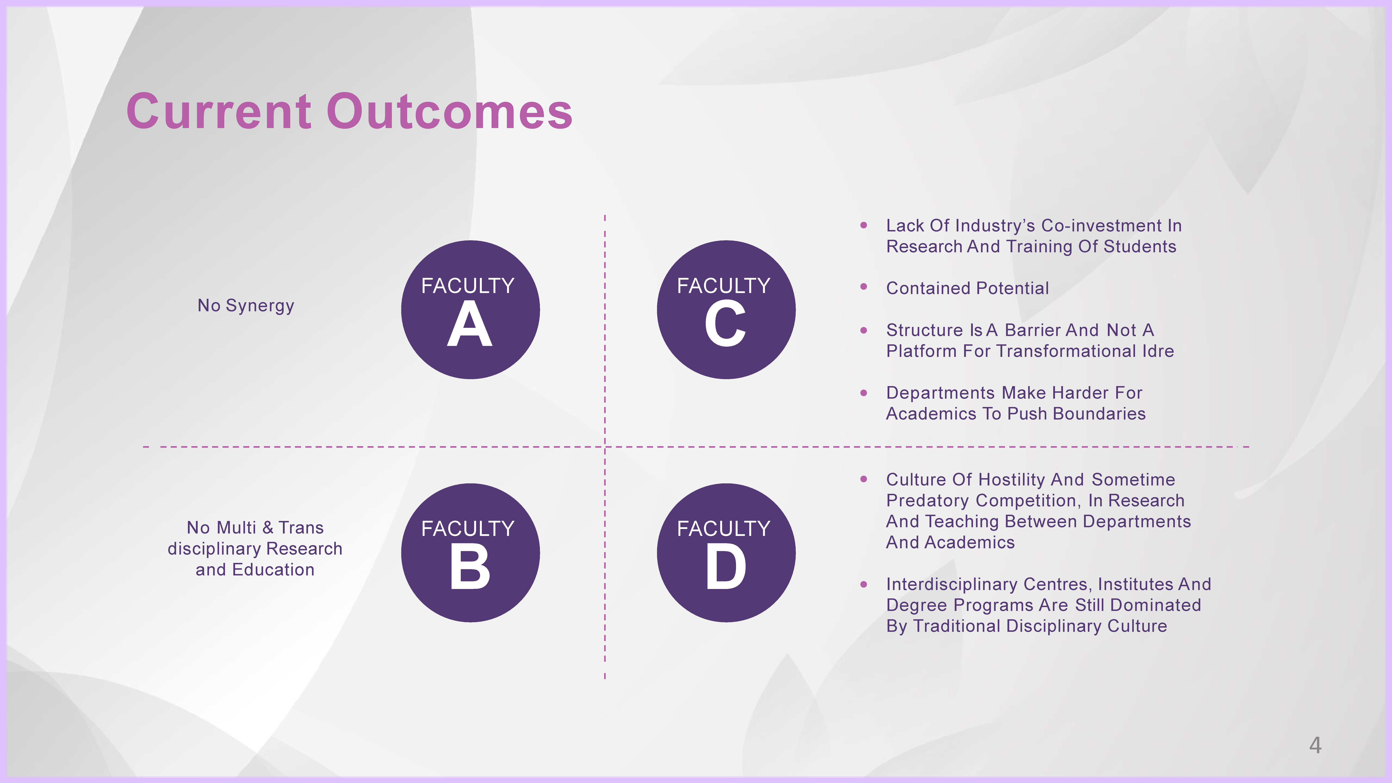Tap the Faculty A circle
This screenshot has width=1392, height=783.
[x=470, y=310]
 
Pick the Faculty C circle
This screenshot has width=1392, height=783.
[x=726, y=310]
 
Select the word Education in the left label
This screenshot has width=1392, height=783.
[x=273, y=570]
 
